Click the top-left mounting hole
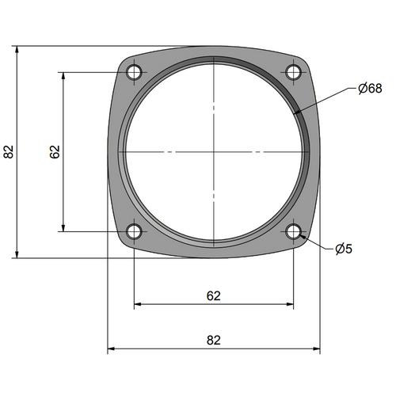click(x=134, y=72)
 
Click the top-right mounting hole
click(x=294, y=72)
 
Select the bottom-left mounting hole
click(x=134, y=231)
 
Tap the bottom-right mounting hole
click(x=294, y=231)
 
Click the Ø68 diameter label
click(x=370, y=89)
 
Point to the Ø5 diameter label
click(x=344, y=249)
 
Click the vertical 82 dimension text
click(x=9, y=152)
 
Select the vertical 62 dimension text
click(x=55, y=152)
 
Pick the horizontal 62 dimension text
click(x=214, y=296)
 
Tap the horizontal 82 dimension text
click(x=214, y=341)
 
